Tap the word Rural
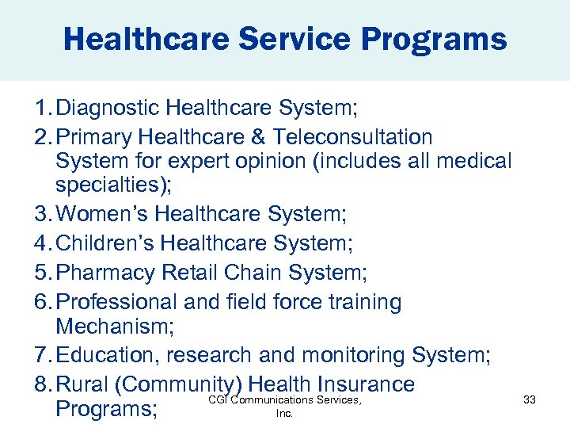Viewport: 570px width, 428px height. point(82,384)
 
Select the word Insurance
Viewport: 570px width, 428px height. point(365,384)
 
